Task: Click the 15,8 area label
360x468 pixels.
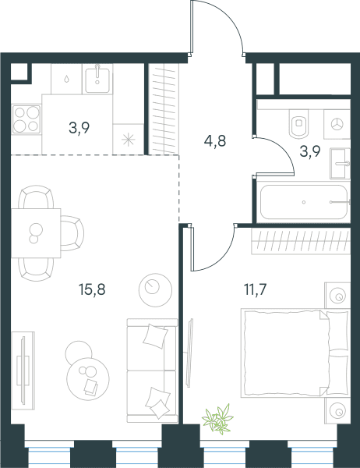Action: click(92, 289)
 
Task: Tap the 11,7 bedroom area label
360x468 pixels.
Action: click(255, 289)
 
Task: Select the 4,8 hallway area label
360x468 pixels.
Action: click(215, 141)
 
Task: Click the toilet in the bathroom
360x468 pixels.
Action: click(298, 122)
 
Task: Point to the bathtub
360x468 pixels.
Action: click(304, 202)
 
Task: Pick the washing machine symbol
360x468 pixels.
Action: click(337, 124)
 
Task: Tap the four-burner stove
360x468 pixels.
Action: click(26, 119)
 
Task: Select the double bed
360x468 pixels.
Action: click(295, 353)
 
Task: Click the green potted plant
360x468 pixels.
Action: click(217, 419)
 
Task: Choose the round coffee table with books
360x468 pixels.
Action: click(88, 379)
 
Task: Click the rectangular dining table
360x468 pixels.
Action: click(36, 233)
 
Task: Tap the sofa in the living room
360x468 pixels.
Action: click(152, 370)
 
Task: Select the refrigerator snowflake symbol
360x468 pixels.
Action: click(129, 140)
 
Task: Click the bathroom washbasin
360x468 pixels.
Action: click(340, 164)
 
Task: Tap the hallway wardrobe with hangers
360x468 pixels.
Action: click(164, 109)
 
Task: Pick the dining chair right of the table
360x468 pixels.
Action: click(72, 233)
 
